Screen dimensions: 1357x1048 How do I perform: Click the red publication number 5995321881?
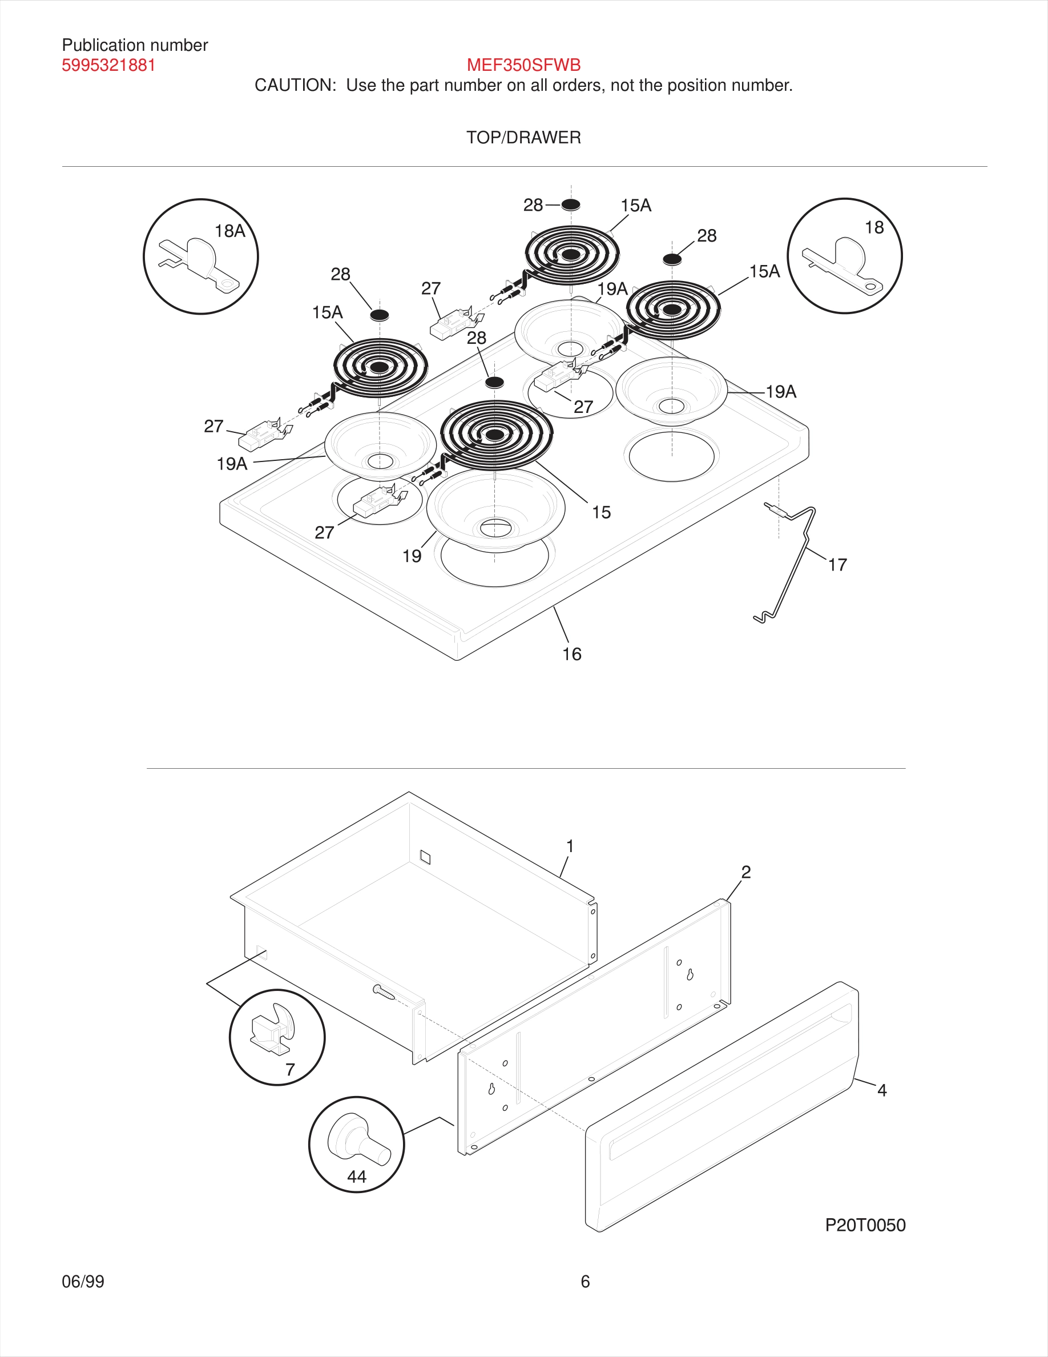(x=108, y=65)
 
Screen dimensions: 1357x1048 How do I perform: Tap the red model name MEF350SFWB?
(x=523, y=65)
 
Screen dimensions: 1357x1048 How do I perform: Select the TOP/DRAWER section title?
(x=523, y=137)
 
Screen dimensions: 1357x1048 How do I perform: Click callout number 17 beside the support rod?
(x=837, y=565)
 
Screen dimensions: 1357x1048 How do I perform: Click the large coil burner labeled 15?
(x=495, y=435)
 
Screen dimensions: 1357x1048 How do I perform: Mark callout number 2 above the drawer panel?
(x=745, y=872)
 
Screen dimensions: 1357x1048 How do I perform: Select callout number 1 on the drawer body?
(x=569, y=846)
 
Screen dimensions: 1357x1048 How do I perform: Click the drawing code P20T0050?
(x=864, y=1224)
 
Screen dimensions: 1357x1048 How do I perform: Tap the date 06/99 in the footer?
(x=83, y=1281)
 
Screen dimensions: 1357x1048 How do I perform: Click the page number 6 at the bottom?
(x=585, y=1281)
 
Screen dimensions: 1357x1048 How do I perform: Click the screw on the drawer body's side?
(x=383, y=992)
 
